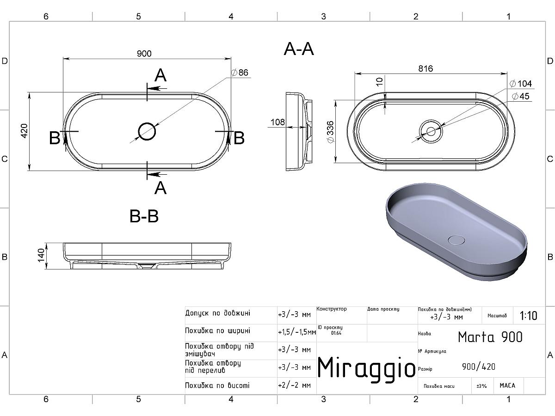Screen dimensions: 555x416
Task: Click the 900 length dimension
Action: coord(144,54)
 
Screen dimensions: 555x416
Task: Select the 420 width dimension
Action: coord(24,131)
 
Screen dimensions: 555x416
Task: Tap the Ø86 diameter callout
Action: coord(240,73)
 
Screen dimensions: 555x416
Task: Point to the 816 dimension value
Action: coord(425,68)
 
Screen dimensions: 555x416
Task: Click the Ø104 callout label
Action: coord(521,84)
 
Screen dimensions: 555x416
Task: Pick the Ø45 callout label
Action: coord(521,96)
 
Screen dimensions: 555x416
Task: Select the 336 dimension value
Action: coord(331,132)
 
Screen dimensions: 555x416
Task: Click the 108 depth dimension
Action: coord(277,122)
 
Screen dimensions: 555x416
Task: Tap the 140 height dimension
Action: coord(41,255)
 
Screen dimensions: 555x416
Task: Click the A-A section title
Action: coord(299,49)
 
